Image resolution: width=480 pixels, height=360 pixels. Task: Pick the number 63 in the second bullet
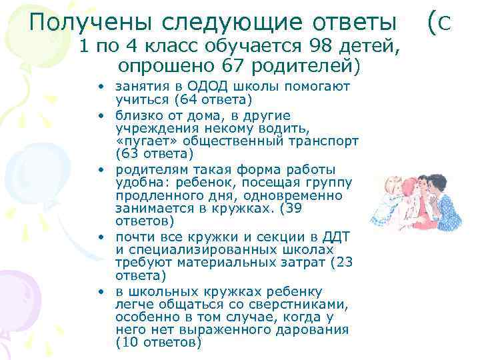[129, 154]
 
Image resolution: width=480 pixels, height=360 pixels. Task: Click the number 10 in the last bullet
[129, 342]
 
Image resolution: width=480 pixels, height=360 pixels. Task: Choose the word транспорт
[327, 141]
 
